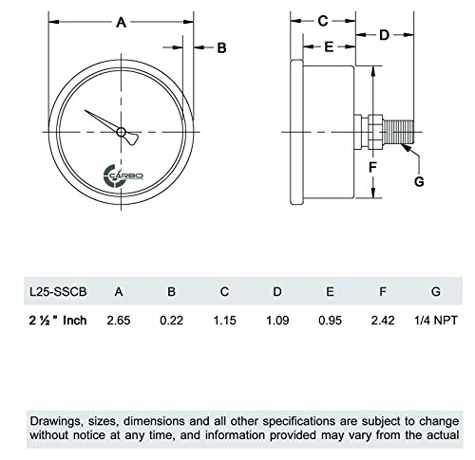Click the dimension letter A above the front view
click(x=122, y=25)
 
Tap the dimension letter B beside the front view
click(x=220, y=47)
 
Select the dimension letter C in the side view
click(x=323, y=20)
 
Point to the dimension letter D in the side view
click(x=385, y=35)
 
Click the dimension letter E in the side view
click(x=328, y=46)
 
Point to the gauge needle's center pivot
click(x=121, y=132)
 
